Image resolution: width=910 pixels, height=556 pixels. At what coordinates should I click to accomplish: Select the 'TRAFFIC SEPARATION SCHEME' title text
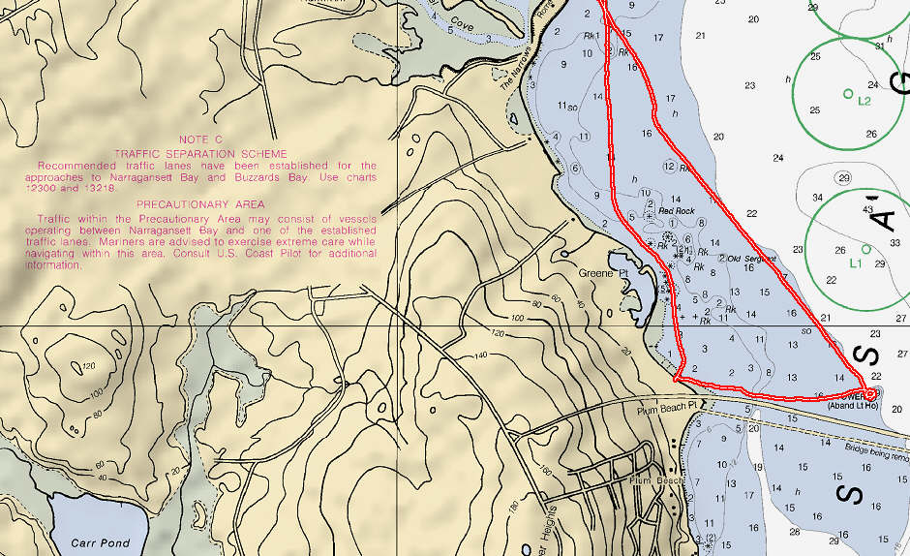coord(200,153)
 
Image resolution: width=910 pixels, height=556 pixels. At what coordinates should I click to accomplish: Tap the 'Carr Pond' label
coord(108,543)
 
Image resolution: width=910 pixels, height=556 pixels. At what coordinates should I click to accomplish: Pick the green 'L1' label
coord(855,263)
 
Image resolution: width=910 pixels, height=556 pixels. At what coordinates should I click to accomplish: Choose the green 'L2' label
coord(864,101)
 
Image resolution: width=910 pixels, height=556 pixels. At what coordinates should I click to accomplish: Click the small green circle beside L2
coord(849,94)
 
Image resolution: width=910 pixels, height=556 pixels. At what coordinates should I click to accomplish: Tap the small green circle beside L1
coord(866,249)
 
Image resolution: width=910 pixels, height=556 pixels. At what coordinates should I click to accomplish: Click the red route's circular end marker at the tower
coord(870,393)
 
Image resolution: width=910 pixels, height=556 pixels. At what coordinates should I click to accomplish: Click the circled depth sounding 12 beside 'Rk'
coord(669,167)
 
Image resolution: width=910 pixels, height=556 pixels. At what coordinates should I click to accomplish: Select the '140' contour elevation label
coord(480,356)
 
